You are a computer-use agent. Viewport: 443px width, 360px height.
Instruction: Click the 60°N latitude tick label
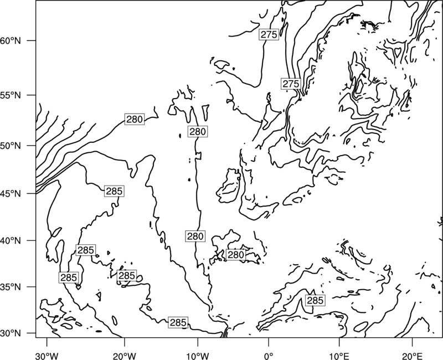[11, 40]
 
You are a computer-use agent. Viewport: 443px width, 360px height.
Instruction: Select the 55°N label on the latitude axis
[11, 95]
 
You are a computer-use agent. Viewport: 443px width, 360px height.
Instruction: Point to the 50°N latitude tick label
[11, 146]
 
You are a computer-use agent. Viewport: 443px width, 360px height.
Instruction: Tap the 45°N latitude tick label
[11, 193]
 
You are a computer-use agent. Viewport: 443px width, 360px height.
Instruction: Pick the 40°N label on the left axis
[11, 240]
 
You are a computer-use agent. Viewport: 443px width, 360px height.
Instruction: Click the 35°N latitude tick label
[11, 287]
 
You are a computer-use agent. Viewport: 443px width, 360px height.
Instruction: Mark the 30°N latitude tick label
[11, 333]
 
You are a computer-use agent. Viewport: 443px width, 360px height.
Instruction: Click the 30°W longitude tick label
[47, 354]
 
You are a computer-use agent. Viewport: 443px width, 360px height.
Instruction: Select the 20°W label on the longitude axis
[125, 354]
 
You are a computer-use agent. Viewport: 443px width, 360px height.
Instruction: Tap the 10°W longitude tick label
[198, 354]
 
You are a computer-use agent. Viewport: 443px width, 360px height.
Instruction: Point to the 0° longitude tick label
[269, 354]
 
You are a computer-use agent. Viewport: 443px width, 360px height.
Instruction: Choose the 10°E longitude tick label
[339, 354]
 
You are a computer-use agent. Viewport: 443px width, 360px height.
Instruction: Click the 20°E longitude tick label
[412, 354]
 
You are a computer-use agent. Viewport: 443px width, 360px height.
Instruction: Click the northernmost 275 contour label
[269, 34]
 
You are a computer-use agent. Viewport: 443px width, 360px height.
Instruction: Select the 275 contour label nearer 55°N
[291, 84]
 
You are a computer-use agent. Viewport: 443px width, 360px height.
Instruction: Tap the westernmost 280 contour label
[135, 119]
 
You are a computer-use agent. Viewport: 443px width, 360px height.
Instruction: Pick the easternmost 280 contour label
[236, 255]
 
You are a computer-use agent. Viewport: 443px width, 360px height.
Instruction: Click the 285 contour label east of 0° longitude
[315, 300]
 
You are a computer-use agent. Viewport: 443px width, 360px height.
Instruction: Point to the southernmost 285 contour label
[178, 322]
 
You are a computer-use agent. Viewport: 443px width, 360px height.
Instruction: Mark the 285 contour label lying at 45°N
[114, 191]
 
